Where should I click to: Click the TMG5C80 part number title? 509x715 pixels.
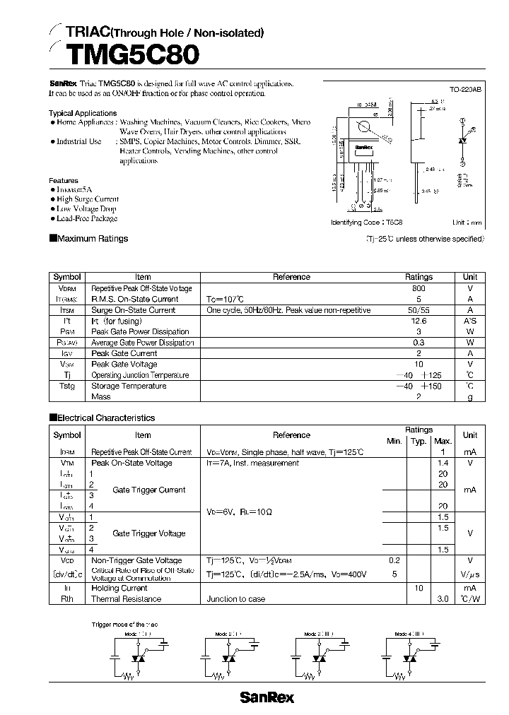coord(132,55)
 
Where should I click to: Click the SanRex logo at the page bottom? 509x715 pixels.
coord(267,697)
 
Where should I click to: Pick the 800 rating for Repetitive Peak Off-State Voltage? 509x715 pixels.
coord(419,288)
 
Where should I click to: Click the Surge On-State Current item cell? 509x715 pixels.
coord(133,310)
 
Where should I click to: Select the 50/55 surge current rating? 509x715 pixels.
coord(419,310)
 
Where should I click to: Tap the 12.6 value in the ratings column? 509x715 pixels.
coord(419,321)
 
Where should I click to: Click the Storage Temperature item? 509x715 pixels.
coord(129,386)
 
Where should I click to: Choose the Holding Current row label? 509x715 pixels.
coord(119,588)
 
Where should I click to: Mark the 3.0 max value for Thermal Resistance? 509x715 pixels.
coord(443,599)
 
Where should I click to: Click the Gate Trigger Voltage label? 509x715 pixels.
coord(148,533)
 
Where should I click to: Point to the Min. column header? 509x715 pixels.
coord(394,441)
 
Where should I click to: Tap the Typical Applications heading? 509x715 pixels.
coord(83,113)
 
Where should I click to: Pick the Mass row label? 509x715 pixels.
coord(101,397)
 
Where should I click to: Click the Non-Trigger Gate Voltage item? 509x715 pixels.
coord(136,560)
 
